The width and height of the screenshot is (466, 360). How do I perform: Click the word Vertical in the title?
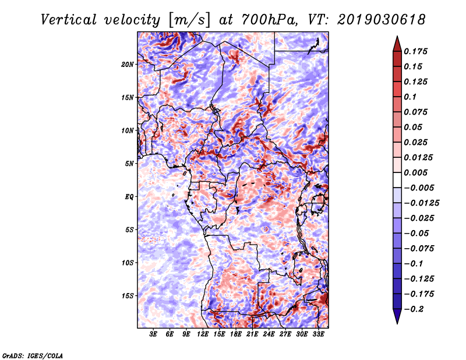pyautogui.click(x=68, y=20)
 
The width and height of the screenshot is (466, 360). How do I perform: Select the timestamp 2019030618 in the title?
pyautogui.click(x=382, y=20)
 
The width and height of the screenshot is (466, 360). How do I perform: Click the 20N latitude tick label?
pyautogui.click(x=128, y=65)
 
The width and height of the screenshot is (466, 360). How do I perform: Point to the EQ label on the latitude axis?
pyautogui.click(x=129, y=197)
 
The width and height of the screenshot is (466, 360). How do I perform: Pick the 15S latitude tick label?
pyautogui.click(x=128, y=296)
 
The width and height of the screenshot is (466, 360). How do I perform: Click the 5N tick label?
pyautogui.click(x=129, y=164)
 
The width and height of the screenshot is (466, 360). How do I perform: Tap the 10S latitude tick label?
pyautogui.click(x=128, y=263)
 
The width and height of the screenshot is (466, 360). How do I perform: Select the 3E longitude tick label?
pyautogui.click(x=153, y=334)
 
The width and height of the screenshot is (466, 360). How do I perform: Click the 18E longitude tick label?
pyautogui.click(x=236, y=334)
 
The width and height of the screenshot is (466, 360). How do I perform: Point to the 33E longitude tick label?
pyautogui.click(x=318, y=334)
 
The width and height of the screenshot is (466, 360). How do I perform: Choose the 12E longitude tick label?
pyautogui.click(x=203, y=334)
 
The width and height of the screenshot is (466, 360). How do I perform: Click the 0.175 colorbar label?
pyautogui.click(x=416, y=51)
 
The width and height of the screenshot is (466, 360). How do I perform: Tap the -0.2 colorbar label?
pyautogui.click(x=414, y=309)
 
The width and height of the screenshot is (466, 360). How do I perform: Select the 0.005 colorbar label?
pyautogui.click(x=416, y=172)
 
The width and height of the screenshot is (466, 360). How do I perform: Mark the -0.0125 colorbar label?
pyautogui.click(x=421, y=203)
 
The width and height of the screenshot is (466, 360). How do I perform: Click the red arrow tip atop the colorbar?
pyautogui.click(x=397, y=36)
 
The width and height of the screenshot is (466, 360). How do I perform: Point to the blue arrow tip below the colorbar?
pyautogui.click(x=397, y=323)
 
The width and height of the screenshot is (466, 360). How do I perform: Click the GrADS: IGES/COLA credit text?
pyautogui.click(x=33, y=355)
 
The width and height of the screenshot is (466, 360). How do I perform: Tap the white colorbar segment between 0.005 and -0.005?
pyautogui.click(x=397, y=180)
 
